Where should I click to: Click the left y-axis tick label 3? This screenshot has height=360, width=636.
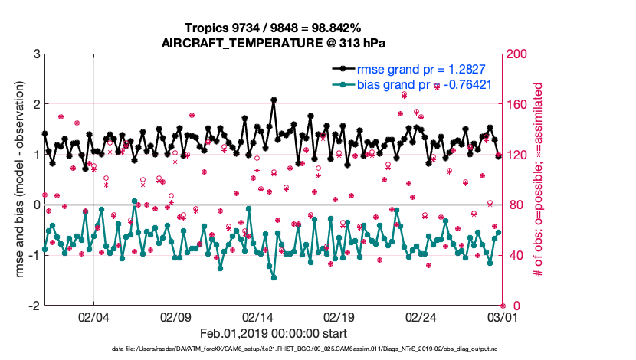[35, 54]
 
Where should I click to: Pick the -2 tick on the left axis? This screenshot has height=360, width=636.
[33, 306]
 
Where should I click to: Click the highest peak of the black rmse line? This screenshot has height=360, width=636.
[274, 100]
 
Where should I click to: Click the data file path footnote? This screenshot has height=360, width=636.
[273, 350]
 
